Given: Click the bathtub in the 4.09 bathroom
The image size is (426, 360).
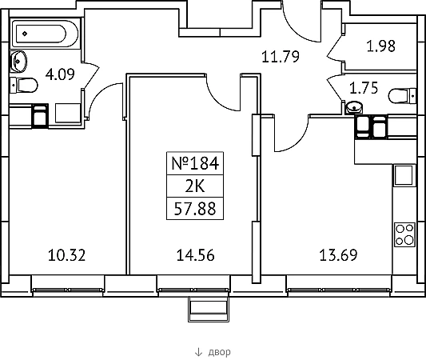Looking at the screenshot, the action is pyautogui.click(x=45, y=34).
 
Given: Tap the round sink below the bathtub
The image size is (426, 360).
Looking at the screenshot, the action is pyautogui.click(x=18, y=62).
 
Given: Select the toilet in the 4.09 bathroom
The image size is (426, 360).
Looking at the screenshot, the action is pyautogui.click(x=24, y=85).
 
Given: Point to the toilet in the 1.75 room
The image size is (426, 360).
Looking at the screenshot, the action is pyautogui.click(x=402, y=96).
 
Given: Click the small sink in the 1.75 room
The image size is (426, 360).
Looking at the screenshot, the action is pyautogui.click(x=354, y=107).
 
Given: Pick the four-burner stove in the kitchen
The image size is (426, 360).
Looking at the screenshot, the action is pyautogui.click(x=404, y=234).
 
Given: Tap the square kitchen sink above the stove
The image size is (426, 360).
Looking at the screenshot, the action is pyautogui.click(x=404, y=175).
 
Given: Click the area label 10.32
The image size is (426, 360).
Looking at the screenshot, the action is pyautogui.click(x=66, y=255).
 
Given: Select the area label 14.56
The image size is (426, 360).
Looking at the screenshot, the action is pyautogui.click(x=195, y=255).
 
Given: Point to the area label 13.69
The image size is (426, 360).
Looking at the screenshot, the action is pyautogui.click(x=338, y=255).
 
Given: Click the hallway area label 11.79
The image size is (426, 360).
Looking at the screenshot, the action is pyautogui.click(x=281, y=57).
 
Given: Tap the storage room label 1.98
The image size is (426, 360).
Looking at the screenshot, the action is pyautogui.click(x=381, y=46).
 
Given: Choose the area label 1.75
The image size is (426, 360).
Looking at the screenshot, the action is pyautogui.click(x=364, y=88).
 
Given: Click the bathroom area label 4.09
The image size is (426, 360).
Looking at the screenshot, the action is pyautogui.click(x=60, y=74).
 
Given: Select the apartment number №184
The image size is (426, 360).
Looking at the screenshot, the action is pyautogui.click(x=195, y=163).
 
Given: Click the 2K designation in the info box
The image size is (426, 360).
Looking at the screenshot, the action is pyautogui.click(x=195, y=186).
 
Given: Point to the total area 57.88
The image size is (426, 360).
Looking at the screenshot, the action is pyautogui.click(x=195, y=209).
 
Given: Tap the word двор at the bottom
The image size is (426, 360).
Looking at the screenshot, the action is pyautogui.click(x=220, y=352).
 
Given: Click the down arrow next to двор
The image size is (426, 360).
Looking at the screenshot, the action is pyautogui.click(x=198, y=352).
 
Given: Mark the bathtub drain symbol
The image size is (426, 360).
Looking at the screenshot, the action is pyautogui.click(x=25, y=34).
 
